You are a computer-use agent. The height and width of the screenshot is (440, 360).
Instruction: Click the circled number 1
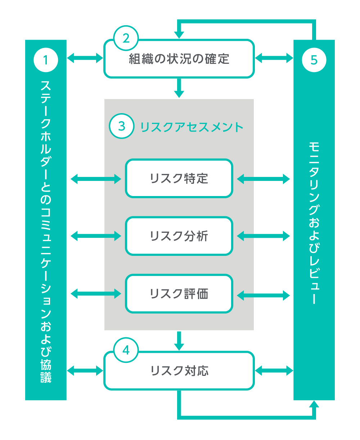(x=46, y=59)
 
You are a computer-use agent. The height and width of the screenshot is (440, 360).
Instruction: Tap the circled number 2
(x=126, y=37)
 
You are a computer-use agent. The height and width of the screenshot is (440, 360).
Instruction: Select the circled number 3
(x=122, y=126)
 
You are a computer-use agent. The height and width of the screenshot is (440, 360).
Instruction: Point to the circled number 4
(x=126, y=350)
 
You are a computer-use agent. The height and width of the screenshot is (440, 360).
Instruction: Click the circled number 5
(x=314, y=59)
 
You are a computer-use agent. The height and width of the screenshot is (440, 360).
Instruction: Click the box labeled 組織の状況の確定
(x=179, y=59)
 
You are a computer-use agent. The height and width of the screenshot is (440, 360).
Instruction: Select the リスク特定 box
(x=179, y=178)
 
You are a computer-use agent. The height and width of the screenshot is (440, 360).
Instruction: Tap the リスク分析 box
(x=179, y=236)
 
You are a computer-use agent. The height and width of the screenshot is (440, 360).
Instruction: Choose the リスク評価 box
(x=179, y=294)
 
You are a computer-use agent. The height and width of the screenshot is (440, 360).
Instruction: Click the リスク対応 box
(x=179, y=371)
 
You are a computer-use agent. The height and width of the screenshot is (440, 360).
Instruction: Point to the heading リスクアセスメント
(x=192, y=127)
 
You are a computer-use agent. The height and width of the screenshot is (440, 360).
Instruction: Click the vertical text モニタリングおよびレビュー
(x=314, y=223)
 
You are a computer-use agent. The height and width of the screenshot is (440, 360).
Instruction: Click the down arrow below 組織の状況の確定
(x=179, y=88)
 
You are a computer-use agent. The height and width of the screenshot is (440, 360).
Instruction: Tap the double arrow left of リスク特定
(x=96, y=178)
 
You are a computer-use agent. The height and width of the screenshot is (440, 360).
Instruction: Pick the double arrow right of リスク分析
(x=263, y=236)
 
